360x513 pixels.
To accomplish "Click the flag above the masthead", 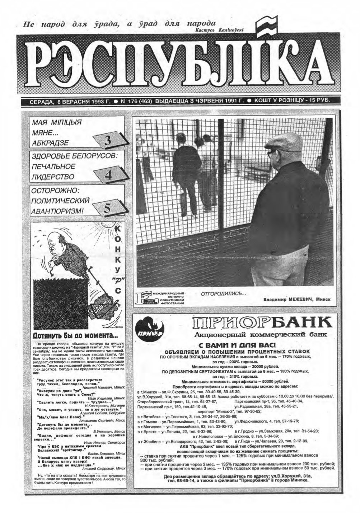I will pyautogui.click(x=266, y=27).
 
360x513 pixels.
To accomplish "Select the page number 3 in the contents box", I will pyautogui.click(x=108, y=140).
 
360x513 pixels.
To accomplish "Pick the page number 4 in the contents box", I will pyautogui.click(x=108, y=175).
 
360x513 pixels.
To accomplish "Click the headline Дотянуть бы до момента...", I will pyautogui.click(x=75, y=336).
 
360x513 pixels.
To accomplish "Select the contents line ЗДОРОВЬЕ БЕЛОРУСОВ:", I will pyautogui.click(x=75, y=156).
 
